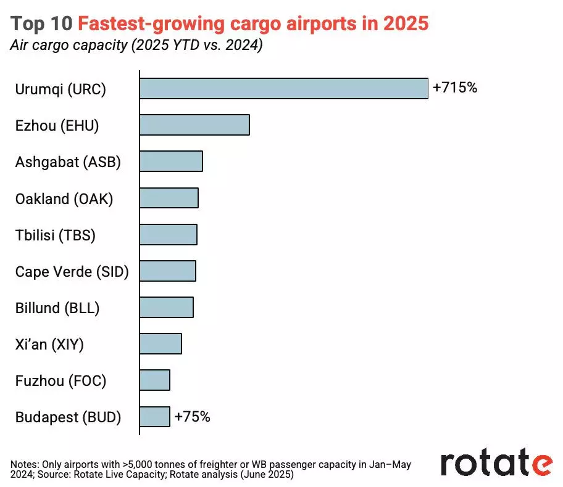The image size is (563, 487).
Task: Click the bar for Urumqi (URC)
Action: pos(283,89)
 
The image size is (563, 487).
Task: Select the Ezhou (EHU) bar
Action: pos(194,125)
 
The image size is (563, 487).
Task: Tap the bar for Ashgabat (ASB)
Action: pos(171,162)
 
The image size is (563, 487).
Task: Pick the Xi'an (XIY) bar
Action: pos(161,344)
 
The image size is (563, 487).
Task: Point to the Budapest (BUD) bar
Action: pos(154,417)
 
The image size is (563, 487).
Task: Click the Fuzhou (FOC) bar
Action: pos(154,380)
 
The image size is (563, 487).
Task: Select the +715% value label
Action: pos(455,88)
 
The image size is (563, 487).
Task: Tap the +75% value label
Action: pos(192,417)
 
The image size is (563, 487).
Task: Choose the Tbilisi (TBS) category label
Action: pos(56,235)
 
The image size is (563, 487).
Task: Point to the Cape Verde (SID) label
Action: pos(72,271)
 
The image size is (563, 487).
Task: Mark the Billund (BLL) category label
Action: pos(57,308)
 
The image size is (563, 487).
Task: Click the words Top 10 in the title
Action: pos(41,23)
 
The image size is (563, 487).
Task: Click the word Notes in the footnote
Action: pos(24,464)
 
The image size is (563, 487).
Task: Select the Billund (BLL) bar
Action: pos(166,308)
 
